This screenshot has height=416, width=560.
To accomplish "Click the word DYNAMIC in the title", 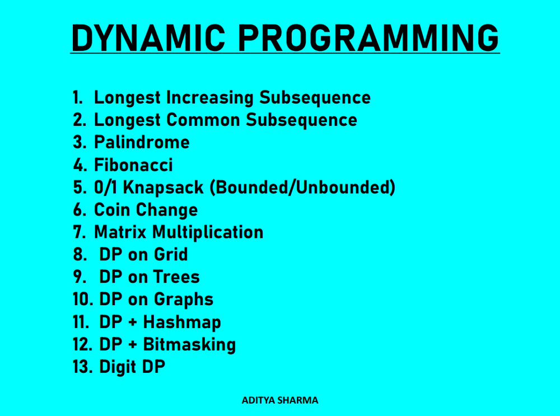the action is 148,38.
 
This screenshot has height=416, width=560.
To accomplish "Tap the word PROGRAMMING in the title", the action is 368,38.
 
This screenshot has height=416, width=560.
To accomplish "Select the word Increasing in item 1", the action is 209,98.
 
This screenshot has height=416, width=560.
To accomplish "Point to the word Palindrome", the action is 142,142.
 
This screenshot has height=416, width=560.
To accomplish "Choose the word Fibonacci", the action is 133,165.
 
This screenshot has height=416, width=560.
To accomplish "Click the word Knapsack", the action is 163,188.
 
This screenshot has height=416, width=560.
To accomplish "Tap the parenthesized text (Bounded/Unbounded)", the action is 302,188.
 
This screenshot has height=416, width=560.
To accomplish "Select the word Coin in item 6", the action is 111,209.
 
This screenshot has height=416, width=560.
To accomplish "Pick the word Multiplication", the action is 208,232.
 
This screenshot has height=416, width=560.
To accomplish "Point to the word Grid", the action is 171,255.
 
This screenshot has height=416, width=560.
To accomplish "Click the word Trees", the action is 176,277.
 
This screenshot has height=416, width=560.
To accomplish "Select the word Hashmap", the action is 182,322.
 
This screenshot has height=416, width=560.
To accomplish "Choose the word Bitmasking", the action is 189,345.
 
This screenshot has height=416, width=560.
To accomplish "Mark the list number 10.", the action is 82,299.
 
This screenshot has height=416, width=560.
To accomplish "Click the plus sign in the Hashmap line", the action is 133,322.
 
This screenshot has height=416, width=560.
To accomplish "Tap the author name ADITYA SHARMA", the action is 280,400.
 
